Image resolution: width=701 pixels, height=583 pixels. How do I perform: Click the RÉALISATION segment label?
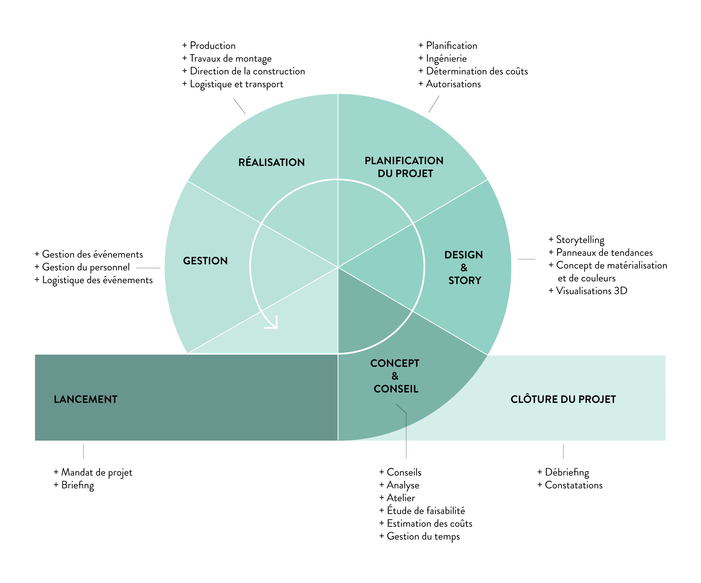pyautogui.click(x=271, y=162)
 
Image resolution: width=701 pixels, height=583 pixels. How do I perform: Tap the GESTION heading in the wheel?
pyautogui.click(x=205, y=261)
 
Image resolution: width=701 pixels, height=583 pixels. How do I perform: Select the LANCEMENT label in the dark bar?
pyautogui.click(x=85, y=399)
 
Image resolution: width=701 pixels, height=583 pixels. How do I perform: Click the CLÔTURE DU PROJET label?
pyautogui.click(x=563, y=399)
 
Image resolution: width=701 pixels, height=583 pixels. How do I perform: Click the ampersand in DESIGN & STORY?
pyautogui.click(x=464, y=267)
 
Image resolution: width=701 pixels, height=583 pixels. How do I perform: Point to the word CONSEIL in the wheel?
pyautogui.click(x=396, y=389)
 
